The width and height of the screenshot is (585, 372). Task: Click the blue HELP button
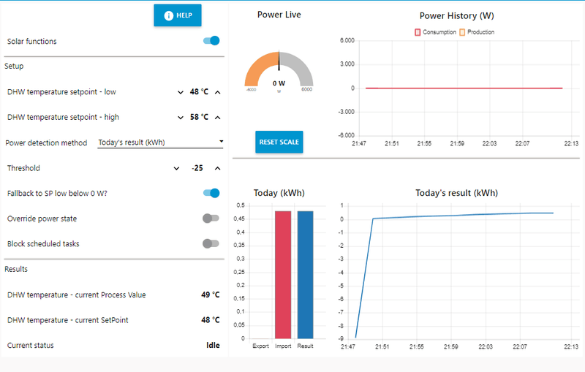coord(177,15)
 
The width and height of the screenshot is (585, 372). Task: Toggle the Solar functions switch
coord(211,41)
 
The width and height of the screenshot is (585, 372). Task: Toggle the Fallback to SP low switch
coord(211,193)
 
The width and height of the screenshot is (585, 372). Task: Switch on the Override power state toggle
coord(211,219)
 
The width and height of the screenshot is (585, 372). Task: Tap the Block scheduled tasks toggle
coord(211,243)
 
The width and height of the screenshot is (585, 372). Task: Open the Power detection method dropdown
coord(161,143)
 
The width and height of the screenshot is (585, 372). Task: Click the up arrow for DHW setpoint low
coord(217,92)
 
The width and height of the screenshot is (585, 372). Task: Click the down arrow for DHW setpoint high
coord(181,117)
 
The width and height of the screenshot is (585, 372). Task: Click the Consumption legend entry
coord(436,32)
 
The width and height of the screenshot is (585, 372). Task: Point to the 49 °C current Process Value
coord(210,295)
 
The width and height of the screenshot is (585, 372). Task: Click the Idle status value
coord(213,345)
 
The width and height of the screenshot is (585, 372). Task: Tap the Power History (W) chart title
coord(461,15)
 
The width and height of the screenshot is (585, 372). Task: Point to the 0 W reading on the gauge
coord(279,83)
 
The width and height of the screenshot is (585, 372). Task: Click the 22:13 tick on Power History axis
coord(571,143)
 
